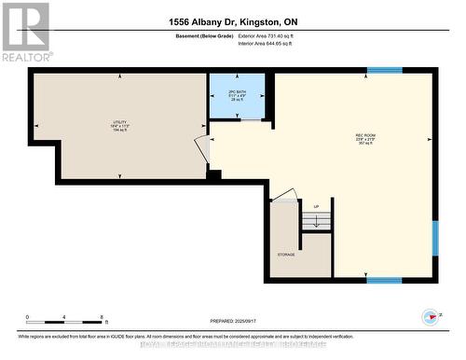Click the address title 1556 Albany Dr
tap(232, 21)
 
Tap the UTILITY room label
tap(118, 124)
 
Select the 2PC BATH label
tap(237, 93)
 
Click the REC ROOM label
tap(364, 139)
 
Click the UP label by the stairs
tap(316, 206)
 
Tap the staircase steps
tap(316, 221)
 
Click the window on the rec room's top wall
tap(384, 70)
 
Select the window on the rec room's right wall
tap(434, 238)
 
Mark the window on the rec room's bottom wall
tap(384, 280)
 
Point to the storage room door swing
tap(286, 195)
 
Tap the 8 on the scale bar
tap(101, 318)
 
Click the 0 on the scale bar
tap(28, 318)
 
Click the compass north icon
tap(430, 316)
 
